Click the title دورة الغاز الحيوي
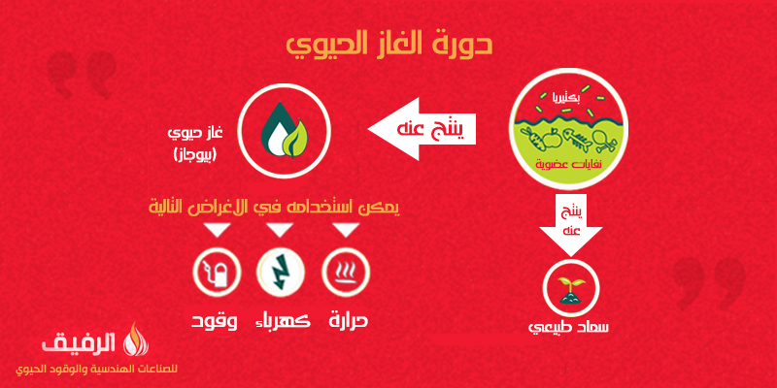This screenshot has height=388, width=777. (389, 46)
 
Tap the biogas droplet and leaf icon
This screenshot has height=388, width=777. (284, 130)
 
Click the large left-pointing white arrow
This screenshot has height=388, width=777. (422, 129)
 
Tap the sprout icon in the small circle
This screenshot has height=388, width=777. (571, 289)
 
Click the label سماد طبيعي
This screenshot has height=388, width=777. (569, 327)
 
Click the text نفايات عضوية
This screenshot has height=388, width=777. (569, 164)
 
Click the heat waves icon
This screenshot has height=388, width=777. (346, 272)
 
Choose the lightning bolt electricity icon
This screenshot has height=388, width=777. (281, 272)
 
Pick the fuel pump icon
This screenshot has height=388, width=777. (217, 272)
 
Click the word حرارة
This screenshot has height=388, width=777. (349, 321)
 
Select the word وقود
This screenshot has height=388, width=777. (214, 321)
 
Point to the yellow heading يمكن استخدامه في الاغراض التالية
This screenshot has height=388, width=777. (274, 205)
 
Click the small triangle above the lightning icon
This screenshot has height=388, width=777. (281, 230)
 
